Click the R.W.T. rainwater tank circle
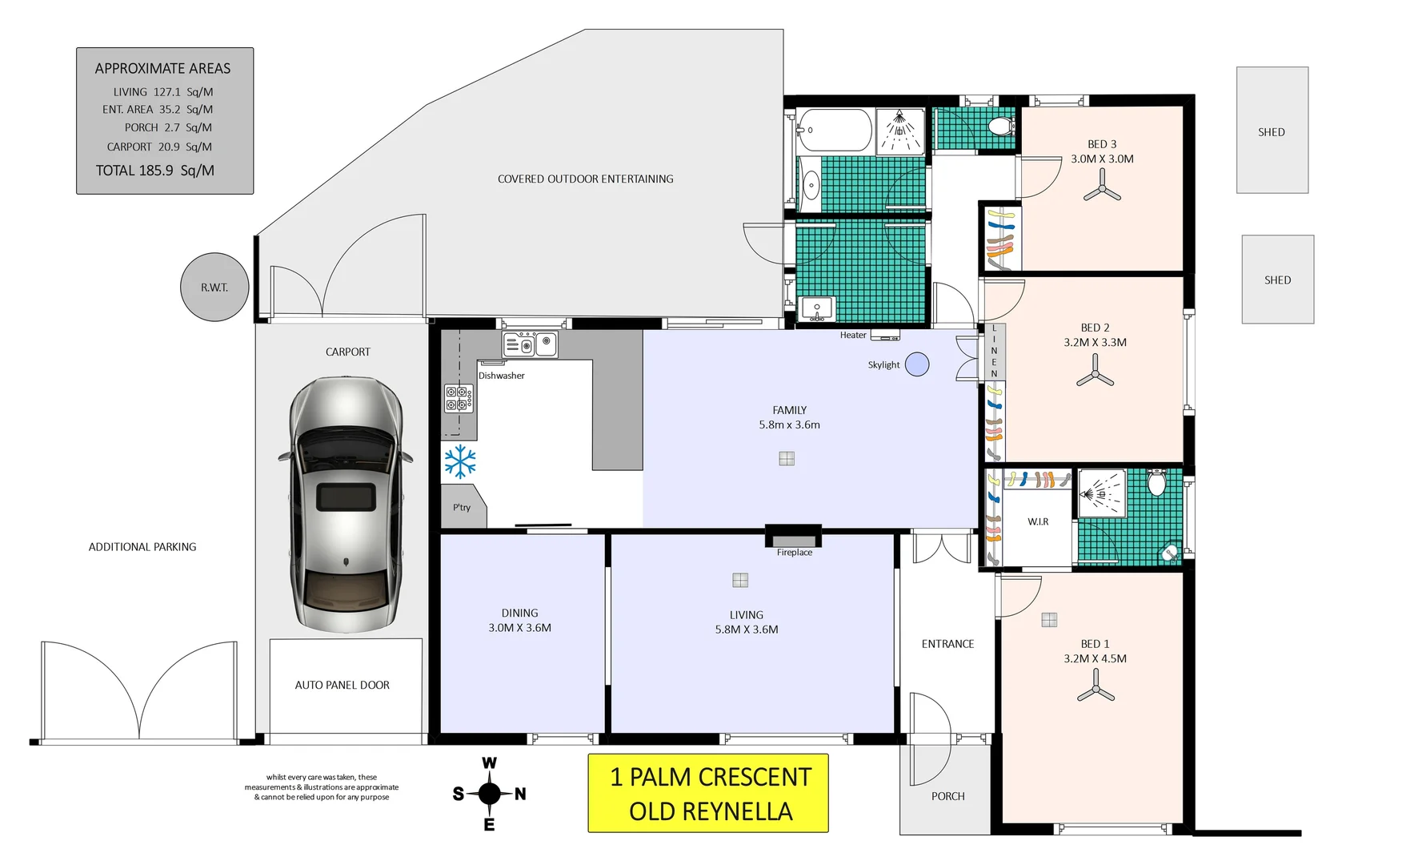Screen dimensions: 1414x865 pyautogui.click(x=214, y=287)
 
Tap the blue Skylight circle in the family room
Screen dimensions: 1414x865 pyautogui.click(x=917, y=364)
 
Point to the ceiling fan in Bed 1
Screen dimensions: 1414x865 pyautogui.click(x=1096, y=689)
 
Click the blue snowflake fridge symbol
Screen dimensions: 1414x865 pyautogui.click(x=460, y=462)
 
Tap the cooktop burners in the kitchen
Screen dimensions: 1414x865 pyautogui.click(x=459, y=398)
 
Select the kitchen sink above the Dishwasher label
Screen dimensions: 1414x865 pyautogui.click(x=530, y=344)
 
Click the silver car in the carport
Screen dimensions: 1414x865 pyautogui.click(x=346, y=505)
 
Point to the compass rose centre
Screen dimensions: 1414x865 pyautogui.click(x=489, y=794)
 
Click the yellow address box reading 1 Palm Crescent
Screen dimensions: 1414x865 pyautogui.click(x=708, y=793)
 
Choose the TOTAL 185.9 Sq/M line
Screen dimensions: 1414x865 pyautogui.click(x=155, y=171)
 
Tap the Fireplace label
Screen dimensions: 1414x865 pyautogui.click(x=795, y=553)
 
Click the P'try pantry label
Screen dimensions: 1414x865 pyautogui.click(x=462, y=508)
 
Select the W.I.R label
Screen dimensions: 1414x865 pyautogui.click(x=1038, y=521)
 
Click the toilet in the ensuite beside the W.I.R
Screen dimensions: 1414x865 pyautogui.click(x=1156, y=482)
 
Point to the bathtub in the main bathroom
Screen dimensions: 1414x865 pyautogui.click(x=835, y=130)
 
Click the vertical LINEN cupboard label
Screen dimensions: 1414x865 pyautogui.click(x=995, y=351)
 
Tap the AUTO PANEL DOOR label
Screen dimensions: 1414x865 pyautogui.click(x=342, y=686)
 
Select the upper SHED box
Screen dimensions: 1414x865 pyautogui.click(x=1272, y=130)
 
